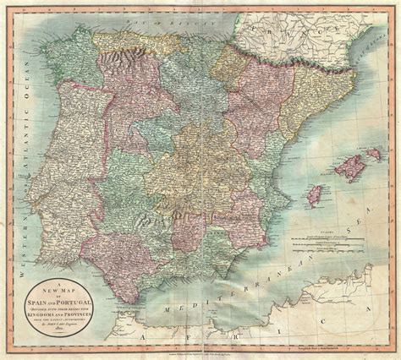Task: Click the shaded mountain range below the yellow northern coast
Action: pyautogui.click(x=118, y=52)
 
